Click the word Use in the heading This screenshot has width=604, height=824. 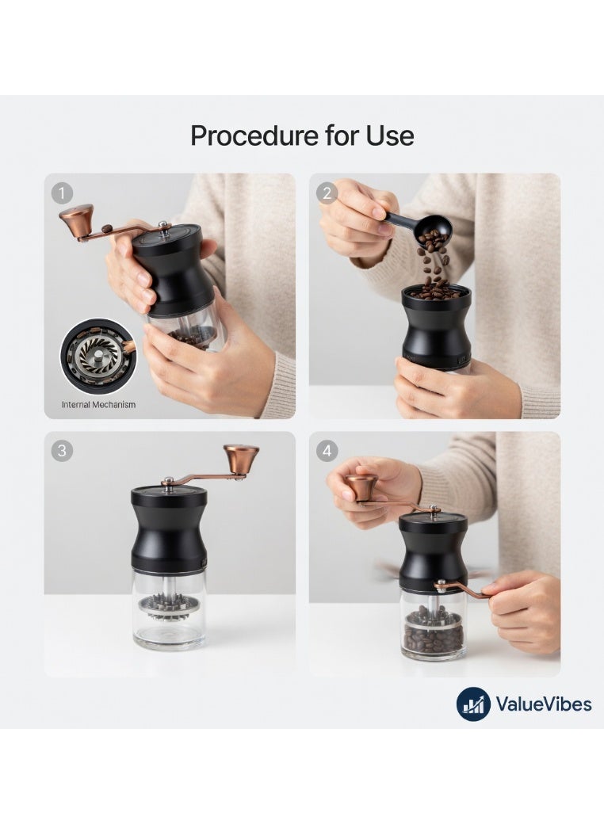click(389, 135)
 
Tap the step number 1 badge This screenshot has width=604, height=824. click(62, 193)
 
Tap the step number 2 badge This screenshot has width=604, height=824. click(327, 193)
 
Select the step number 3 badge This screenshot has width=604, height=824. click(62, 451)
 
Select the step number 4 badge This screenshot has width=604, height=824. click(327, 451)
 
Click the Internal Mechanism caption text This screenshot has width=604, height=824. click(98, 405)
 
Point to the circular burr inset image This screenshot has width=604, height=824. click(98, 357)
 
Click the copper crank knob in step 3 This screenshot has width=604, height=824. click(241, 458)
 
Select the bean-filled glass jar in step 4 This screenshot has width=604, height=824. click(433, 626)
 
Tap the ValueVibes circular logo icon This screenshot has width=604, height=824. click(473, 704)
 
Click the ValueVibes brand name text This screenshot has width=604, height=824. click(543, 704)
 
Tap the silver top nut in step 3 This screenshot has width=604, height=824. click(169, 481)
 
